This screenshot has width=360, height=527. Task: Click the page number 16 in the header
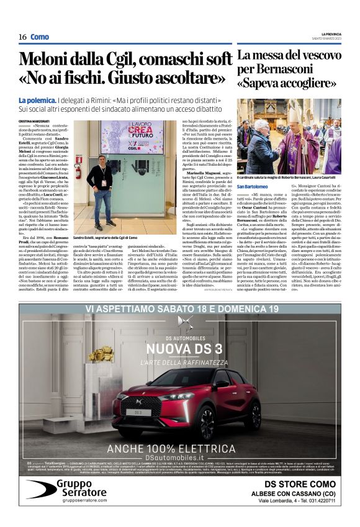(x=22, y=37)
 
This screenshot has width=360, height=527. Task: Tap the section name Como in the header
(x=40, y=37)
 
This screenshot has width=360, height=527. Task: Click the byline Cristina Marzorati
(x=33, y=119)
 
